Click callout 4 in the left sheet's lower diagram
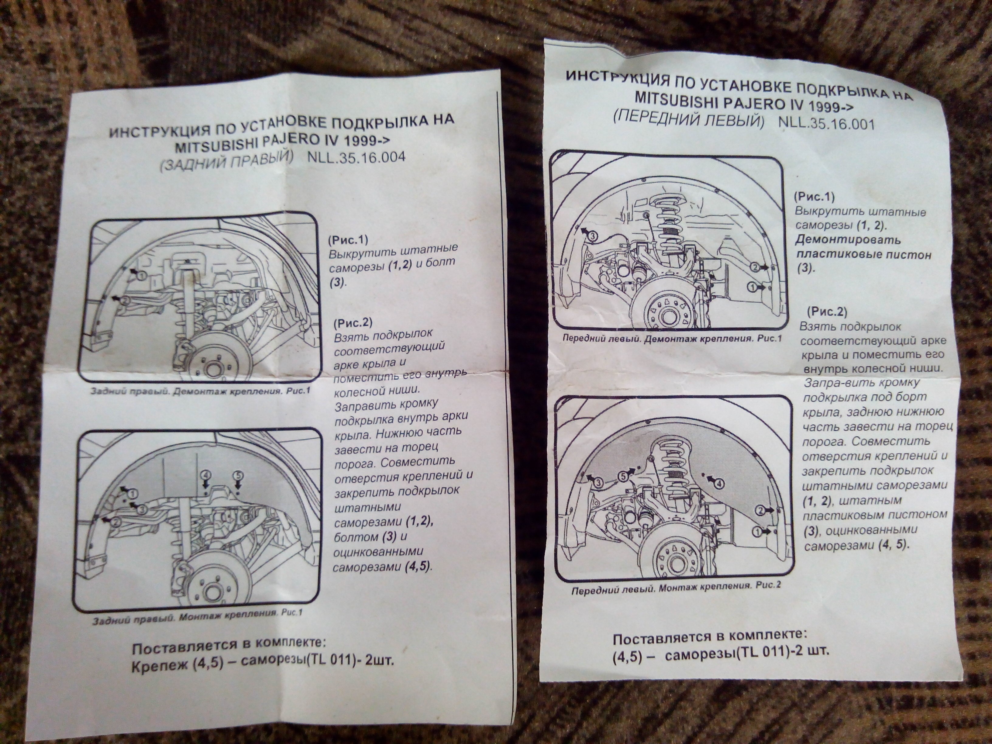(206, 474)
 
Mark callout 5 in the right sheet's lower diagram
(625, 477)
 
